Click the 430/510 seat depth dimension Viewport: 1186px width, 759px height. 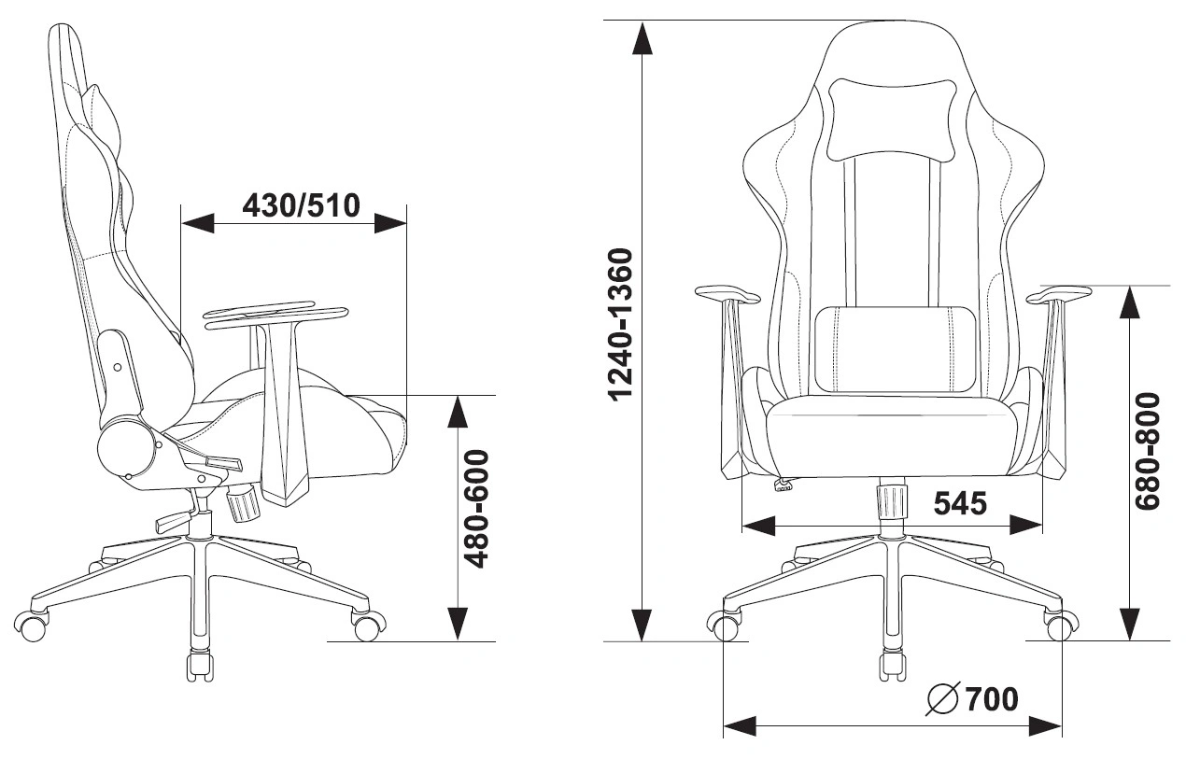pyautogui.click(x=301, y=205)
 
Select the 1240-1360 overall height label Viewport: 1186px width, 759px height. pyautogui.click(x=621, y=325)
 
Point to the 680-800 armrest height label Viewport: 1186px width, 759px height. pyautogui.click(x=1148, y=451)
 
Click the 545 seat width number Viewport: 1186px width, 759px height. pyautogui.click(x=960, y=503)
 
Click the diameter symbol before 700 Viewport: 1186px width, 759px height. pyautogui.click(x=943, y=699)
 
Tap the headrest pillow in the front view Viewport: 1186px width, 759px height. pyautogui.click(x=892, y=119)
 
